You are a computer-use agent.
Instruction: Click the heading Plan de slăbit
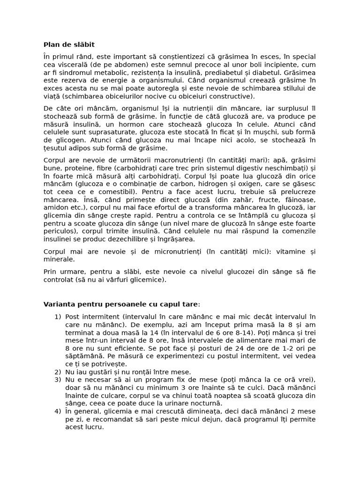tap(69, 45)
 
